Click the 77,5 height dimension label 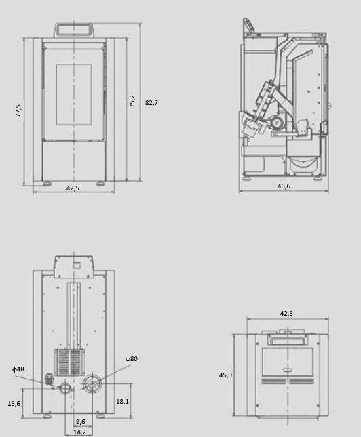coord(18,110)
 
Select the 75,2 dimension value coord(132,101)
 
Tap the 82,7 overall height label coord(151,103)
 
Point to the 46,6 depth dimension coord(284,186)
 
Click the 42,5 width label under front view coord(73,188)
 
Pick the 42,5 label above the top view coord(286,314)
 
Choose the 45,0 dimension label coord(225,375)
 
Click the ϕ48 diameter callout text coord(18,369)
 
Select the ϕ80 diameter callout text coord(132,358)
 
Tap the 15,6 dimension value coord(14,404)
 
